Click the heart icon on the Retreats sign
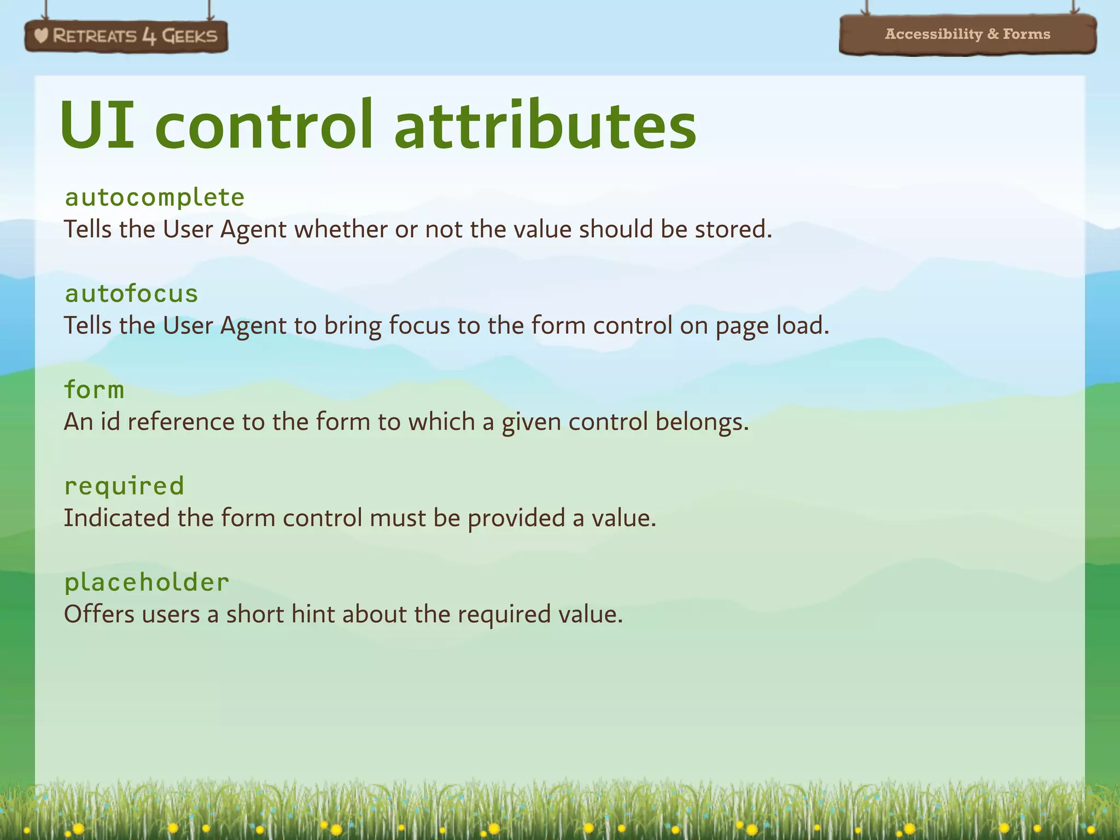coord(41,36)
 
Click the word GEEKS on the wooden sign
coord(190,36)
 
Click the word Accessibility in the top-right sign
coord(934,34)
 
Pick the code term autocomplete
coord(154,197)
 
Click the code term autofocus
coord(131,294)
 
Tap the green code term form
coord(94,390)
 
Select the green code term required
coord(124,486)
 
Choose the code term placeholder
coord(147,582)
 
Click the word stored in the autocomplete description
coord(732,229)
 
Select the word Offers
coord(99,614)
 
